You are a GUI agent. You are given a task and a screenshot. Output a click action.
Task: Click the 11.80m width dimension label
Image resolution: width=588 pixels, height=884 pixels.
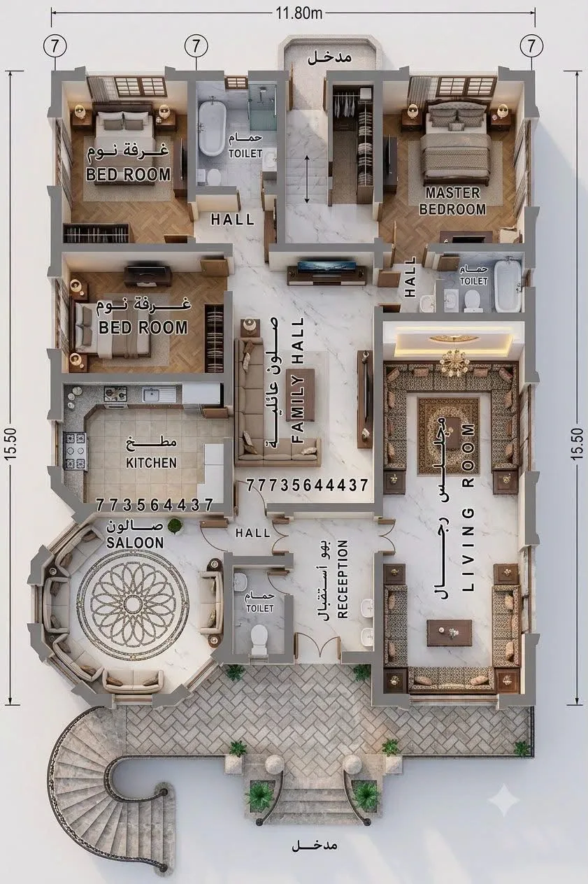tap(299, 13)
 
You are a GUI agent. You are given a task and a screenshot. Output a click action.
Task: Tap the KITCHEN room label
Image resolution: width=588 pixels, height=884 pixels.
tap(152, 462)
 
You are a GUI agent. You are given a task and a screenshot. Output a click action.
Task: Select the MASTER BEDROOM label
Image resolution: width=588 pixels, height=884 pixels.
tap(452, 201)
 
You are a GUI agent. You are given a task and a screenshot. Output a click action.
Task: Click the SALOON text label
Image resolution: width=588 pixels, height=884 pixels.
tap(135, 543)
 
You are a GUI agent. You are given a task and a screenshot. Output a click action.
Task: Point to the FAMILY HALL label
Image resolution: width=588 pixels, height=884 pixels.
tap(298, 380)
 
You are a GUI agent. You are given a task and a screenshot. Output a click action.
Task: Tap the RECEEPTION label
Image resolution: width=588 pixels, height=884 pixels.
tap(343, 579)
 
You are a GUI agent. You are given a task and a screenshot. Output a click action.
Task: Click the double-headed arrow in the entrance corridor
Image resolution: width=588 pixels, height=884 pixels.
tap(307, 179)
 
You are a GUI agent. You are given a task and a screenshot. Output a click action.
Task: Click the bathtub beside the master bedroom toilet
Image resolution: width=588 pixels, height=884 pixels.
tap(508, 284)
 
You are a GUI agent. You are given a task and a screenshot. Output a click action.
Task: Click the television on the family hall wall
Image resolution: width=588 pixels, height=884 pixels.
tap(327, 266)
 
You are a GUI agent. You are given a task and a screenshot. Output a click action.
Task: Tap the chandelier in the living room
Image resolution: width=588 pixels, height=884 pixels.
tap(455, 362)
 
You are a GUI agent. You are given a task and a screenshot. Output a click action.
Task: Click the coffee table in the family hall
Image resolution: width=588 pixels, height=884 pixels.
tap(303, 395)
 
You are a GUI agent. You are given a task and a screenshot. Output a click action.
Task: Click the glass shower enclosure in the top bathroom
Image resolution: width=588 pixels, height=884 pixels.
tap(262, 102)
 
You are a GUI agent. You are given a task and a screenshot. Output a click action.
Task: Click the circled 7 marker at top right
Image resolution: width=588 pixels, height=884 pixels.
tap(531, 46)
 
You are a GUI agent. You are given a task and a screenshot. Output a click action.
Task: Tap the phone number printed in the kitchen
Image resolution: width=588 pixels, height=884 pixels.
tap(155, 505)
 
